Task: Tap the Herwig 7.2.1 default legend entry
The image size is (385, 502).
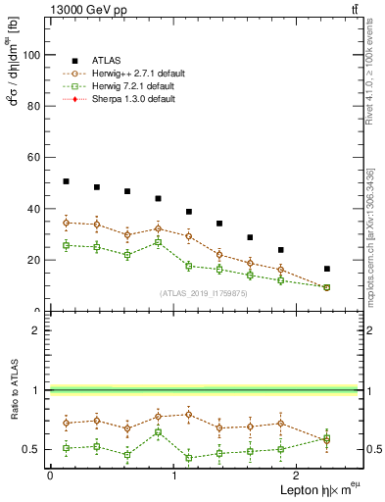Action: pyautogui.click(x=135, y=86)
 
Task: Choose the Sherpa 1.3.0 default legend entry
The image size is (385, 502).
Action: pyautogui.click(x=133, y=99)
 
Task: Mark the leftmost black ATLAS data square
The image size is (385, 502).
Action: pyautogui.click(x=66, y=181)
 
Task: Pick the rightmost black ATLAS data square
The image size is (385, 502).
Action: pyautogui.click(x=327, y=269)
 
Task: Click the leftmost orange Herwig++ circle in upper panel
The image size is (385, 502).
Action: pyautogui.click(x=66, y=223)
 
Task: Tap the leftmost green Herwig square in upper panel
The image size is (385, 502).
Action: pyautogui.click(x=66, y=245)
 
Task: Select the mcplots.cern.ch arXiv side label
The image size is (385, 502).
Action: pyautogui.click(x=369, y=235)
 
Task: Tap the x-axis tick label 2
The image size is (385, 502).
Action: pyautogui.click(x=297, y=475)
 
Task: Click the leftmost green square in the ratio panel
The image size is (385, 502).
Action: pyautogui.click(x=66, y=448)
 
